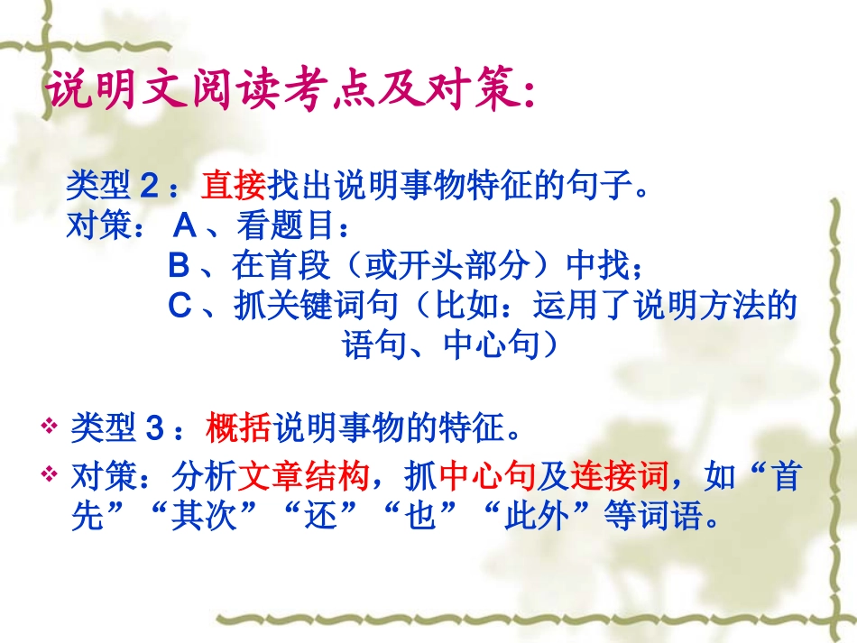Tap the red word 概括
(x=238, y=427)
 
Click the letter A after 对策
(x=182, y=225)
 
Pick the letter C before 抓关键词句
(x=180, y=306)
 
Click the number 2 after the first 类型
(x=150, y=187)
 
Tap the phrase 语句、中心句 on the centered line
(x=441, y=345)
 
